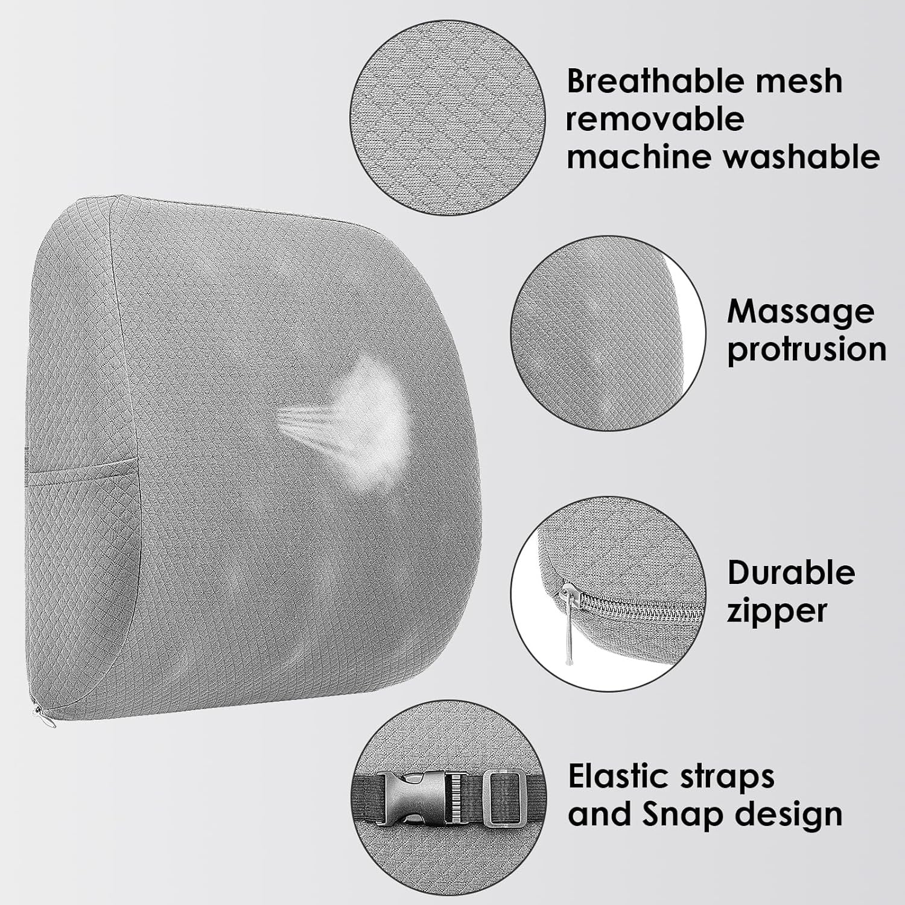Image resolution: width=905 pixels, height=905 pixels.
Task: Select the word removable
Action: pyautogui.click(x=655, y=119)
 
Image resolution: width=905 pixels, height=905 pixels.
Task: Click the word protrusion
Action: pyautogui.click(x=806, y=350)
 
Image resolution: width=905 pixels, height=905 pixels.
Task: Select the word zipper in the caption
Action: pyautogui.click(x=776, y=611)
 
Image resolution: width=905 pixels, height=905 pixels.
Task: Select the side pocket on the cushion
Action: pyautogui.click(x=81, y=513)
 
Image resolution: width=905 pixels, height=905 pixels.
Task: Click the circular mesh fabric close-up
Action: pyautogui.click(x=448, y=119)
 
